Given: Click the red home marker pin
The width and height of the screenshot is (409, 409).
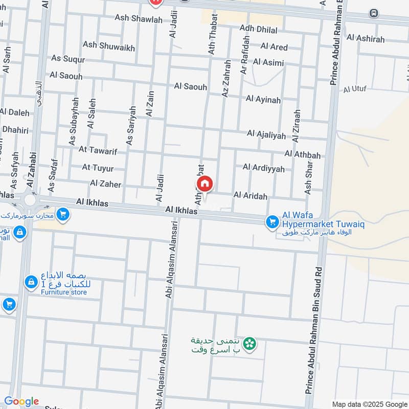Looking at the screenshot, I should tap(204, 184).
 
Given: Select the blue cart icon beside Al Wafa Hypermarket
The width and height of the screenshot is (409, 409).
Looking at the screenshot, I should tap(272, 222).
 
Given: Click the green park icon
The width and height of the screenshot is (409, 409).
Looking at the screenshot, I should tap(249, 344).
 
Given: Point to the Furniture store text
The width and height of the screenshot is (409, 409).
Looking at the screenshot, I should tap(64, 292).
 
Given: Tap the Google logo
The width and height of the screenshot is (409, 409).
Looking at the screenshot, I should tap(21, 401).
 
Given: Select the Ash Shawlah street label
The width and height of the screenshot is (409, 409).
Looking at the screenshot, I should tap(139, 19).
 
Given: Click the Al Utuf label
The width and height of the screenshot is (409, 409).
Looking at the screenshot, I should tap(355, 89).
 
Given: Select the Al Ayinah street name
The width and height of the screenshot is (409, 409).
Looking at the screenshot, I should tap(263, 99).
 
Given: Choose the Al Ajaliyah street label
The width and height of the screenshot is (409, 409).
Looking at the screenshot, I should tap(266, 134).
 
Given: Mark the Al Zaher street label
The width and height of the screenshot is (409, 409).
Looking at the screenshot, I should tap(106, 183).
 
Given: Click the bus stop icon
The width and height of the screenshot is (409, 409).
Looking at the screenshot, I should tap(374, 12).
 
